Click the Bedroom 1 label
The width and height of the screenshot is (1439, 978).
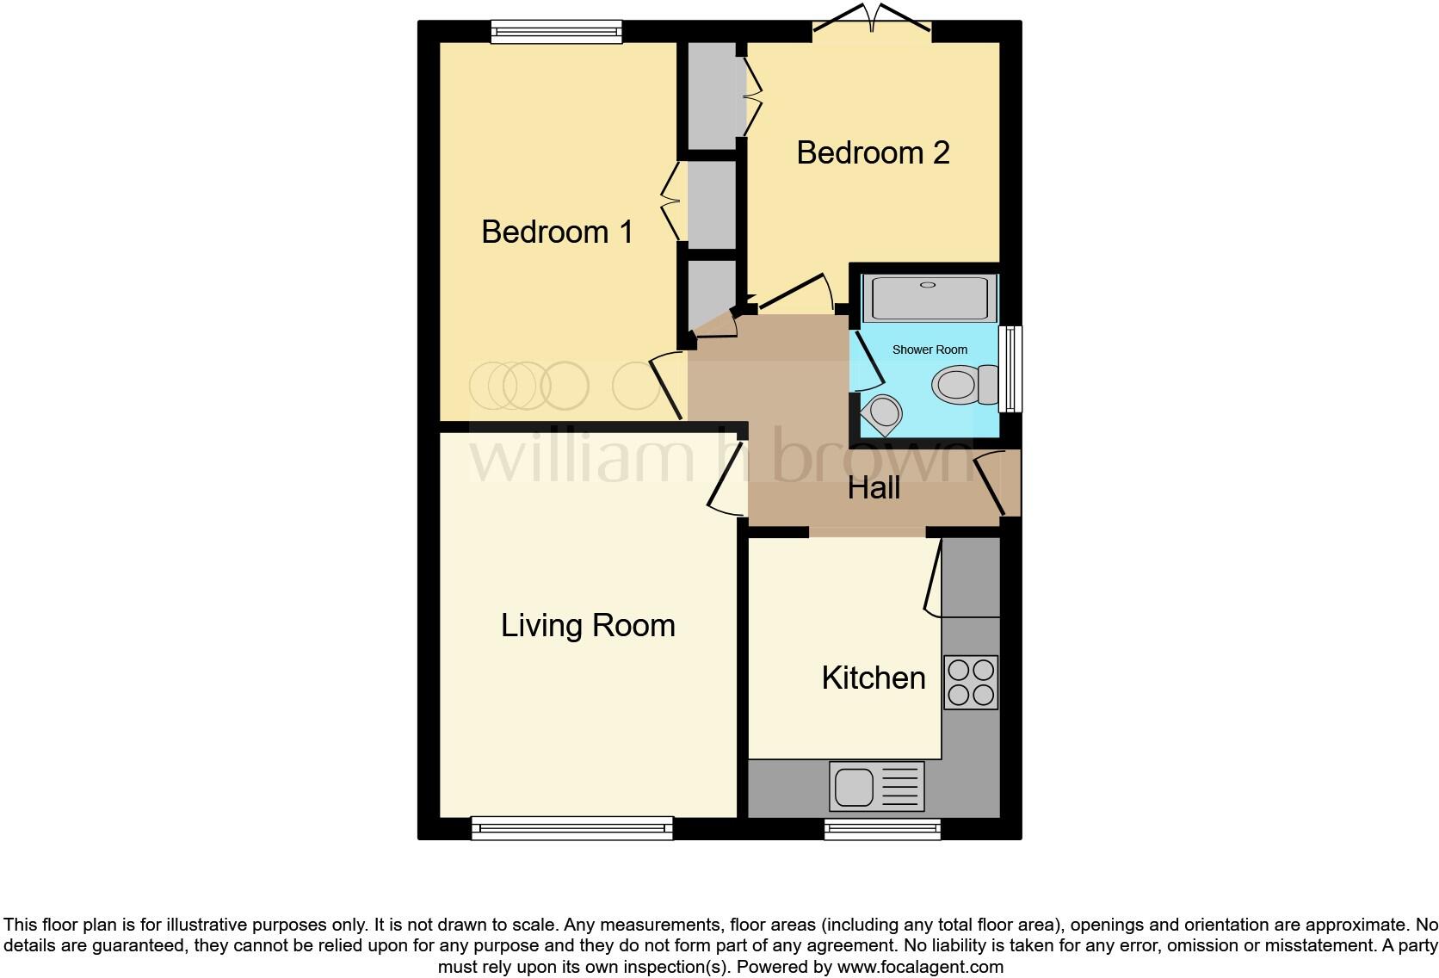pyautogui.click(x=557, y=232)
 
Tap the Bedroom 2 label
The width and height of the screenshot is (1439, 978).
pyautogui.click(x=872, y=153)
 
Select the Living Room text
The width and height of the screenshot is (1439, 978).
pyautogui.click(x=588, y=625)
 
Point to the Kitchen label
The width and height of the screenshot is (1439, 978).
pyautogui.click(x=873, y=678)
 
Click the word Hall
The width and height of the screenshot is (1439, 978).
pyautogui.click(x=873, y=487)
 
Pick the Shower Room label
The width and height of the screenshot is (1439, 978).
pyautogui.click(x=929, y=350)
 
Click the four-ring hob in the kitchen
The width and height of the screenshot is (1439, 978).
pyautogui.click(x=970, y=682)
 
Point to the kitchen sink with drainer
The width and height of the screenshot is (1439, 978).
pyautogui.click(x=875, y=786)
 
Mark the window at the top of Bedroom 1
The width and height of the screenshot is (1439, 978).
pyautogui.click(x=556, y=33)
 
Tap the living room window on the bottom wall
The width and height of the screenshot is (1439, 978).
pyautogui.click(x=571, y=828)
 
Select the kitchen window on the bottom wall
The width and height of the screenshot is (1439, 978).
pyautogui.click(x=881, y=828)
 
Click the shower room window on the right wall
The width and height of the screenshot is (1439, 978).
pyautogui.click(x=1011, y=368)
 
